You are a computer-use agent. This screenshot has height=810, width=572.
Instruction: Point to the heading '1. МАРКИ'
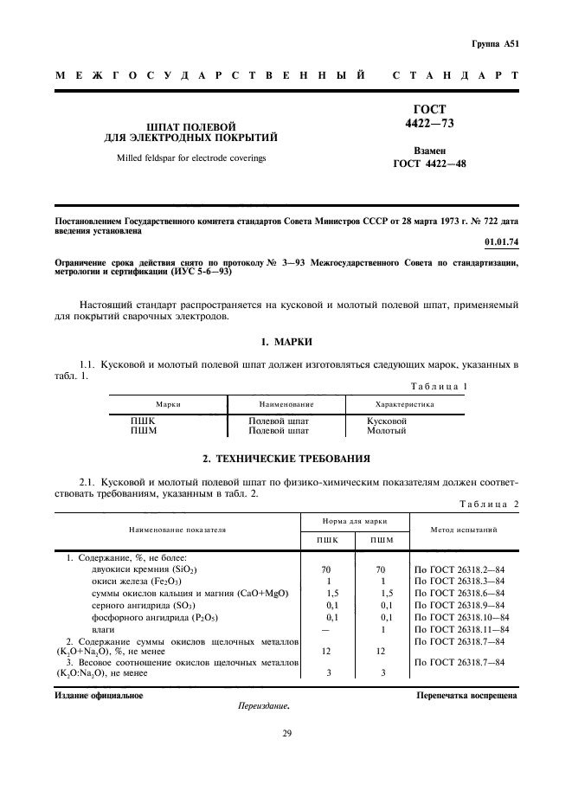click(286, 343)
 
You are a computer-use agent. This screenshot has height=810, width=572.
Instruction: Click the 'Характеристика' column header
click(404, 403)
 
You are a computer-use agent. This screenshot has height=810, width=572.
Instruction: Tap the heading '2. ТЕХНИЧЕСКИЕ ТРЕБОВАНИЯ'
click(286, 457)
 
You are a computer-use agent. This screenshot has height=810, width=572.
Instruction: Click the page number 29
click(286, 735)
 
